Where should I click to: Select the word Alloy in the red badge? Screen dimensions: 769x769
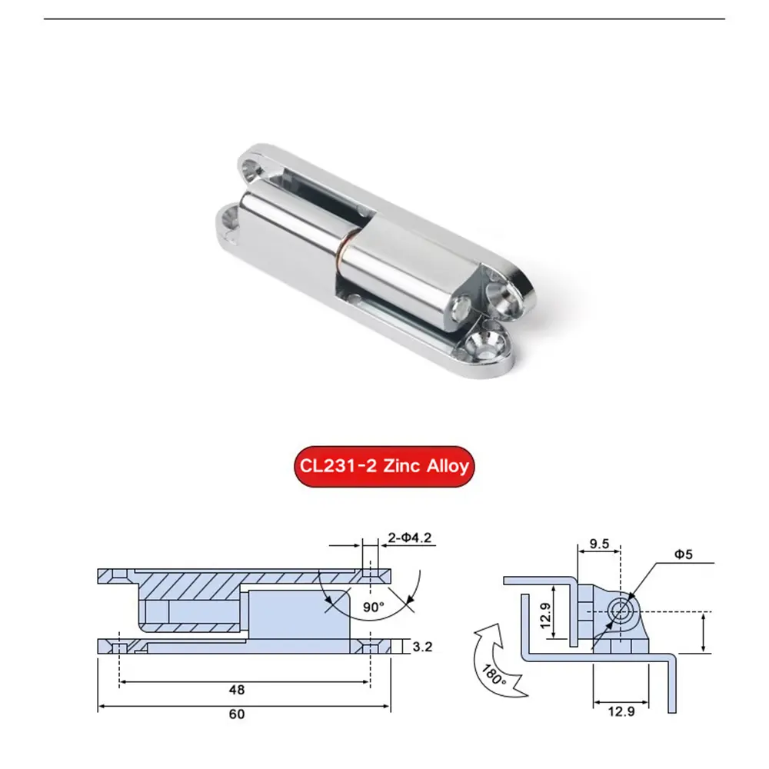coord(444,466)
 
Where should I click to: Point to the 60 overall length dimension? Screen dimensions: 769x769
coord(237,714)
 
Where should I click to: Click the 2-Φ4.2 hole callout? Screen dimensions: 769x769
coord(408,538)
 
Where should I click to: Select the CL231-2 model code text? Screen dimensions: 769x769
coord(335,466)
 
